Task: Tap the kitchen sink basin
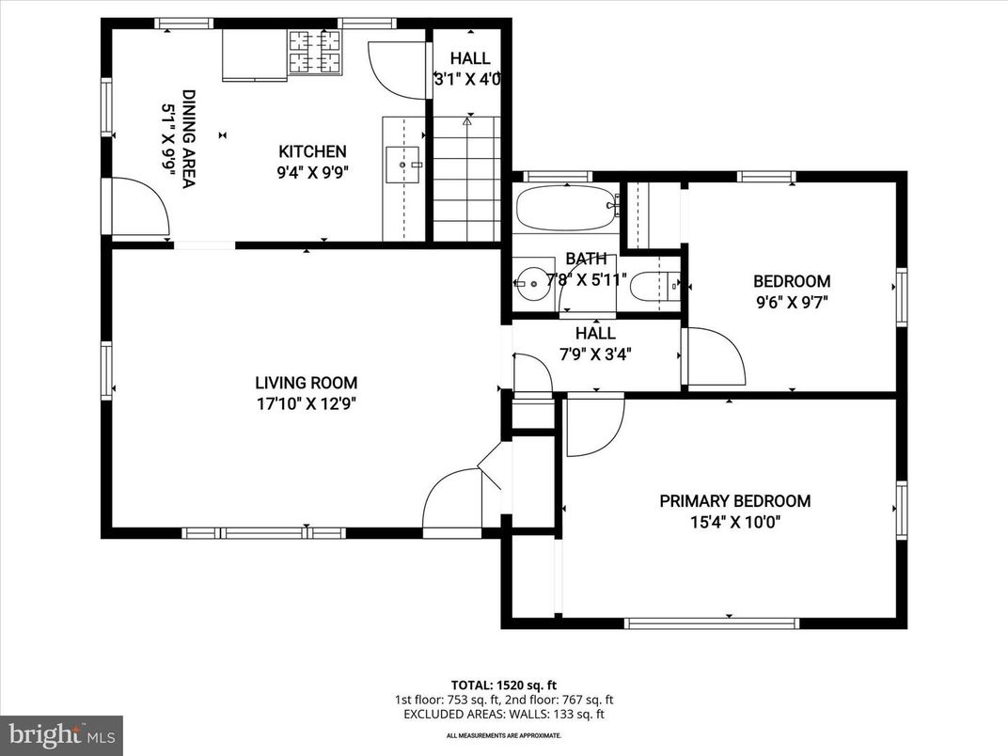(403, 165)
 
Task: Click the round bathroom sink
(532, 281)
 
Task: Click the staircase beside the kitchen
(466, 179)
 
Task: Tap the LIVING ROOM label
(306, 383)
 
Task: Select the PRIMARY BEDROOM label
(734, 501)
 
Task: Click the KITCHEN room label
(312, 151)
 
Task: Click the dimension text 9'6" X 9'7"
(791, 302)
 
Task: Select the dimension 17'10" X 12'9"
(306, 404)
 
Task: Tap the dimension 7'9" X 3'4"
(595, 354)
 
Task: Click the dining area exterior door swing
(139, 207)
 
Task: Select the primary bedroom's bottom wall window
(712, 622)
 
